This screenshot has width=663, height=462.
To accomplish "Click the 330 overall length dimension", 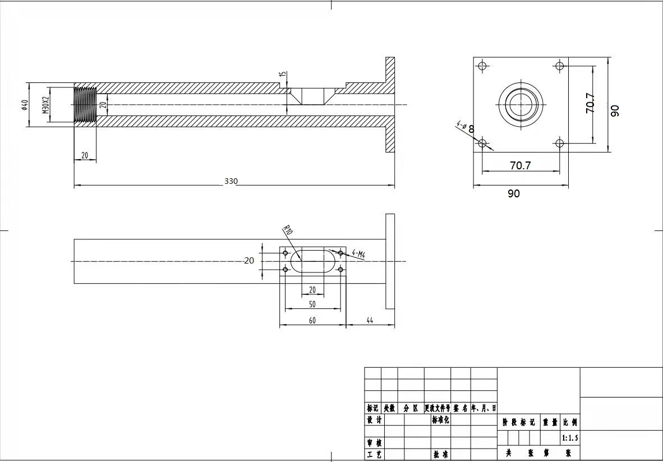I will pyautogui.click(x=231, y=181).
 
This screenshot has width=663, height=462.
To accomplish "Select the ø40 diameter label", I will pyautogui.click(x=25, y=105).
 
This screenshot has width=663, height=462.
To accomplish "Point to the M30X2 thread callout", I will pyautogui.click(x=45, y=105).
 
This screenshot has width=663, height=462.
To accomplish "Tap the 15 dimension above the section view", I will pyautogui.click(x=283, y=74).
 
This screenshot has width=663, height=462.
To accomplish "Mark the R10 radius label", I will pyautogui.click(x=288, y=230).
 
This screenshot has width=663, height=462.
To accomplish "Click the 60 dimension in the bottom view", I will pyautogui.click(x=312, y=320).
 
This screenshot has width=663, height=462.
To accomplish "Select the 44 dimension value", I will pyautogui.click(x=370, y=320).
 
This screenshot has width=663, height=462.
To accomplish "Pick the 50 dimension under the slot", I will pyautogui.click(x=312, y=304).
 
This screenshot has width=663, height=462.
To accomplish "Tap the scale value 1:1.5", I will pyautogui.click(x=569, y=437).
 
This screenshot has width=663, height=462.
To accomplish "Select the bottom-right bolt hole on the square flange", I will pyautogui.click(x=559, y=143).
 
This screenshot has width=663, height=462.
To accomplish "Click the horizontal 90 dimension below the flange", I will pyautogui.click(x=513, y=193).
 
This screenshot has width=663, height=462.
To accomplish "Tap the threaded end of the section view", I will pyautogui.click(x=85, y=105).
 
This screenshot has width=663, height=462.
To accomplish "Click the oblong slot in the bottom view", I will pyautogui.click(x=312, y=261).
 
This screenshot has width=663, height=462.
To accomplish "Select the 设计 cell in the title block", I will pyautogui.click(x=374, y=420).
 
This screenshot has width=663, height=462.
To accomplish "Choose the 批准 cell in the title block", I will pyautogui.click(x=440, y=454).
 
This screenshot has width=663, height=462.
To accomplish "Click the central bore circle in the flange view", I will pyautogui.click(x=521, y=104).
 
